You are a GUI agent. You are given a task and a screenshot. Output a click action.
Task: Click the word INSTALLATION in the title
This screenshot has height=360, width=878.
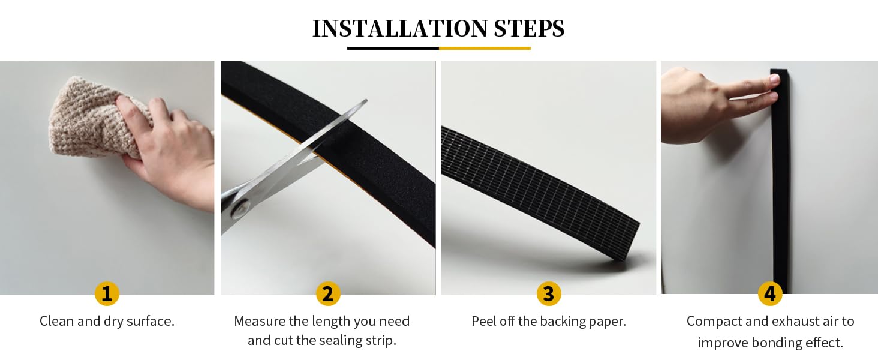pos(399,28)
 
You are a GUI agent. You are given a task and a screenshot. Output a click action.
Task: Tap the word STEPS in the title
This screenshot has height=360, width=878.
pos(529,28)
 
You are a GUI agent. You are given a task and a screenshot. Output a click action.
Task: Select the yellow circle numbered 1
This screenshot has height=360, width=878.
pos(107,294)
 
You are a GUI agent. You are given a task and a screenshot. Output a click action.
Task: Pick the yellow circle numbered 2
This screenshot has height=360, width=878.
pos(328,294)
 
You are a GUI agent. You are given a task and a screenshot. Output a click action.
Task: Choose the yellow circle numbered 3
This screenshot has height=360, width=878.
pos(549,294)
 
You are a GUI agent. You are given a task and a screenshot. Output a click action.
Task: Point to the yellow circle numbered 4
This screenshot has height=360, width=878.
pos(770,294)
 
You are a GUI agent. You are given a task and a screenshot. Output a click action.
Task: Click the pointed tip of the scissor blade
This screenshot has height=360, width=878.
pos(366,100)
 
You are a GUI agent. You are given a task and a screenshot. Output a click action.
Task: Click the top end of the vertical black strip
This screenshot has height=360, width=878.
pos(779,71)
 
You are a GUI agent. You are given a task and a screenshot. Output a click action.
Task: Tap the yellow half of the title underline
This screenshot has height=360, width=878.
pos(485,48)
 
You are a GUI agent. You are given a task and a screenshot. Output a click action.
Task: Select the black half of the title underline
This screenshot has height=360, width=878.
pos(393,48)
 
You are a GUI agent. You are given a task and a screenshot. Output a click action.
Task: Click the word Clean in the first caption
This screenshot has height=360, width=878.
pos(57,321)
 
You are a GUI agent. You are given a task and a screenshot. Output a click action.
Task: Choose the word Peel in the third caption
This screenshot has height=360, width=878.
pos(483,321)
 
